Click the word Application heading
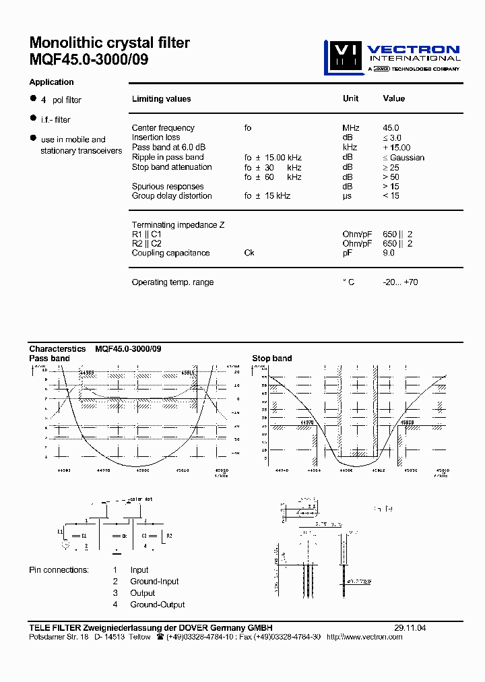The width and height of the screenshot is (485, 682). [51, 82]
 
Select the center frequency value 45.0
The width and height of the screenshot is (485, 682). [391, 128]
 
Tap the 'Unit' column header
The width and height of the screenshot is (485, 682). [350, 98]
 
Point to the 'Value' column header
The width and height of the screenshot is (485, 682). [394, 98]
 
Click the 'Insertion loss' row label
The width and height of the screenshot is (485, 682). [156, 137]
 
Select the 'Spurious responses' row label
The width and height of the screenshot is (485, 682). [168, 187]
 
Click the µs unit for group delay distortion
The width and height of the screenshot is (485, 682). [348, 196]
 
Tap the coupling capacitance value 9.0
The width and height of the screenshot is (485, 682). [389, 253]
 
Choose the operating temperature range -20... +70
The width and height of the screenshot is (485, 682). [400, 282]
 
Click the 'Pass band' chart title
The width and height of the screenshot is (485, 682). [49, 359]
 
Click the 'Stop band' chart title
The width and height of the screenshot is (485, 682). [272, 359]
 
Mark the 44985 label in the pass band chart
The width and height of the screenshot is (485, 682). [87, 372]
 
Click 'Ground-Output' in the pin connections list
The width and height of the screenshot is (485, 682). [158, 604]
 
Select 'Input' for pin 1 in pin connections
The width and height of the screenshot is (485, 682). [139, 570]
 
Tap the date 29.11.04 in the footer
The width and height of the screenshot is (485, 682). [410, 628]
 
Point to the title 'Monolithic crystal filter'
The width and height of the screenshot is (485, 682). [110, 43]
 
